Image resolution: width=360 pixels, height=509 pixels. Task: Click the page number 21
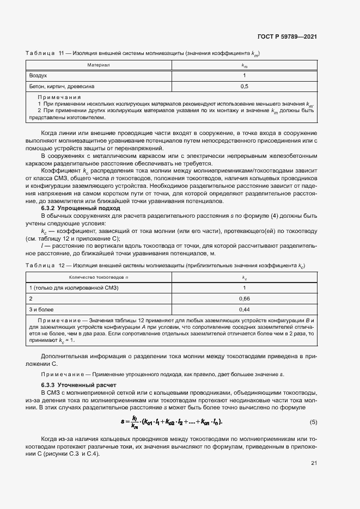(x=314, y=463)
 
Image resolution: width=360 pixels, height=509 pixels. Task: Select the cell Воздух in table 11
(x=38, y=75)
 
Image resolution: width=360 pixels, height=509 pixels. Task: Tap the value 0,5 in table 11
(x=244, y=86)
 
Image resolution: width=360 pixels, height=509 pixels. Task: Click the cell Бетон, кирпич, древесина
(x=62, y=86)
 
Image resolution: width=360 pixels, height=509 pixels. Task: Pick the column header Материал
(x=99, y=65)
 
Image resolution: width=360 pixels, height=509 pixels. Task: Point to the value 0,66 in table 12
(x=244, y=299)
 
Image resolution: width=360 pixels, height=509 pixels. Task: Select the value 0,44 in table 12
(x=244, y=310)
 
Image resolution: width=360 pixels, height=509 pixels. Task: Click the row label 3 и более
(x=41, y=310)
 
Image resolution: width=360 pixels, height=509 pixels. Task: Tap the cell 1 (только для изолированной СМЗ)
(x=73, y=288)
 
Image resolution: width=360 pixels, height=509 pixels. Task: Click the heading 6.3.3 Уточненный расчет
(x=79, y=385)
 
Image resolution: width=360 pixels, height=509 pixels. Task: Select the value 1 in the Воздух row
(x=244, y=75)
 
